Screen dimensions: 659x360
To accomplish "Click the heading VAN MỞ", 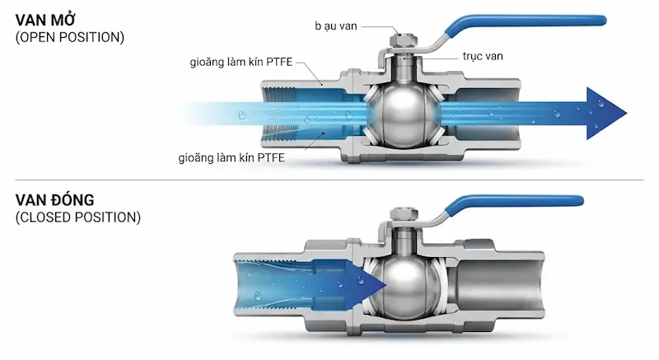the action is pos(45,20).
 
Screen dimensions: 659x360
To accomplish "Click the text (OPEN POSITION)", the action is pos(70,37).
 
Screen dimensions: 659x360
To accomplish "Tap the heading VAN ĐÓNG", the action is pos(54,200).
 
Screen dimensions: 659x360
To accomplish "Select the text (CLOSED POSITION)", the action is pos(78,217).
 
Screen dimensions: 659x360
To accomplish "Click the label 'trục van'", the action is pos(483,56).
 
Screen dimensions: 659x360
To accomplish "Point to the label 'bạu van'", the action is pos(336,26).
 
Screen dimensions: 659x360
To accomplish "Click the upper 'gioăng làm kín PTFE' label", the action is pos(241,62).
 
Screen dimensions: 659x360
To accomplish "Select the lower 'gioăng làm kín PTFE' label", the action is pos(231,158).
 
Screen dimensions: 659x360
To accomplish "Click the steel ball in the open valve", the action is pos(403,115).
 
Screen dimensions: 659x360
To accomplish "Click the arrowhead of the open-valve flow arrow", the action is pos(605,114).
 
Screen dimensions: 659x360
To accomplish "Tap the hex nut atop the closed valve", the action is pos(404,215).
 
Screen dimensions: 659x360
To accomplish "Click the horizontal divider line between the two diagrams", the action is pos(329,180).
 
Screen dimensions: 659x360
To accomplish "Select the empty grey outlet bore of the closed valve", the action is pos(496,287).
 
